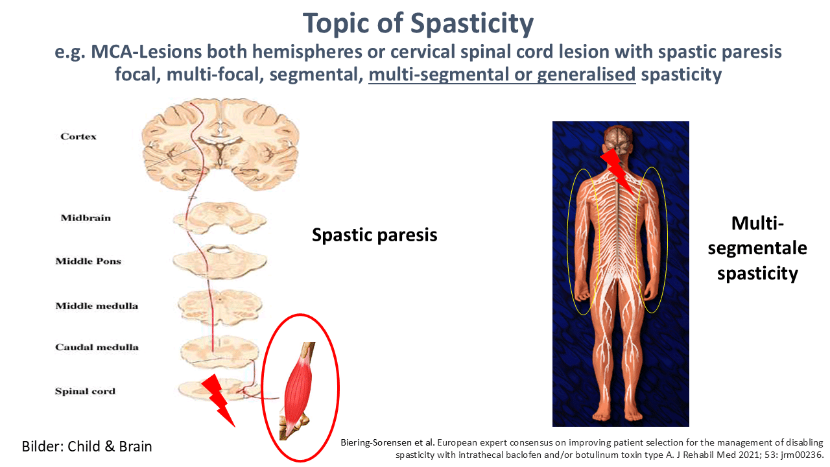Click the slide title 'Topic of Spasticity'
[418, 23]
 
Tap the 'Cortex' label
[78, 136]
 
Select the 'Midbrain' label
[86, 217]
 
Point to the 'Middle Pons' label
[88, 261]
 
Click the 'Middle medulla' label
[97, 305]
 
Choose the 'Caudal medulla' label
[97, 347]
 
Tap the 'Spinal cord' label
[85, 391]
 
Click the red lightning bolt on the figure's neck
[617, 171]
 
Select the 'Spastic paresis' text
[375, 235]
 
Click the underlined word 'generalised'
[586, 74]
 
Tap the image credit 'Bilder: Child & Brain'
[87, 446]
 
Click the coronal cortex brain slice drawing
[220, 145]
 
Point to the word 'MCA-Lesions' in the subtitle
[146, 51]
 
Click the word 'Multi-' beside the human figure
[757, 223]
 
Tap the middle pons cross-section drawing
[220, 261]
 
